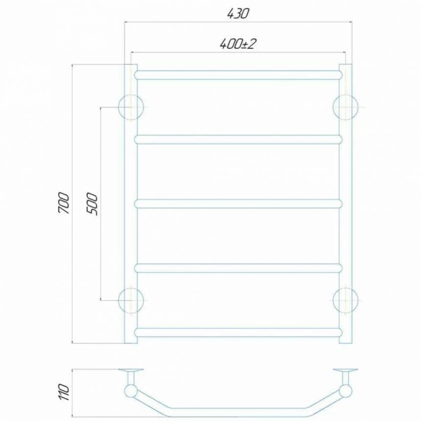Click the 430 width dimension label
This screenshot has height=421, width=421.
(238, 14)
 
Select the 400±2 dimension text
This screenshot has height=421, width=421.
(237, 44)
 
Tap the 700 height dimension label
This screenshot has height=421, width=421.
(64, 203)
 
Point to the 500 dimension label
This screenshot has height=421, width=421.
(92, 204)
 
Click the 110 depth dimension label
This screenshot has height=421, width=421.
(64, 392)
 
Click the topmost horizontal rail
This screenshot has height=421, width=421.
(238, 75)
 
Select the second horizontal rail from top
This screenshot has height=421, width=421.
(238, 139)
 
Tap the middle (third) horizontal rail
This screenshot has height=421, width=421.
(238, 204)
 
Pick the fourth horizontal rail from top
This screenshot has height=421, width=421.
(238, 268)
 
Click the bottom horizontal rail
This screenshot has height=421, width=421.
(238, 333)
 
